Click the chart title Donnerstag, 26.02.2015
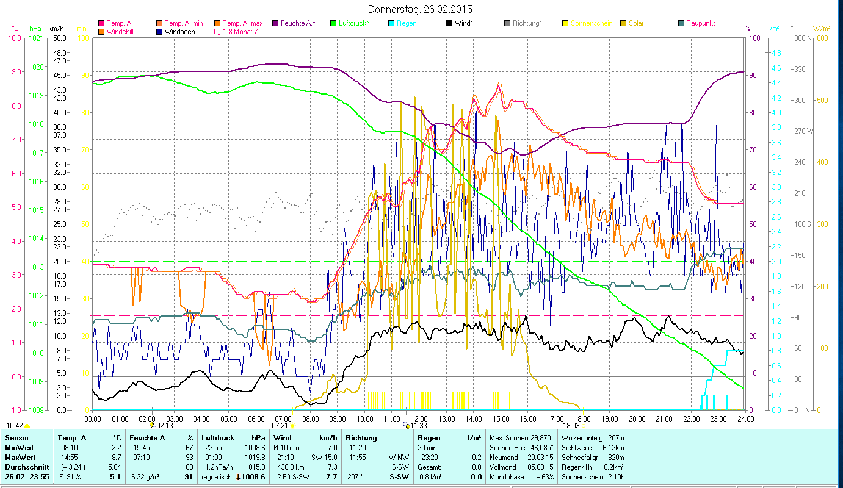pyautogui.click(x=421, y=10)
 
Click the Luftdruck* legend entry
pyautogui.click(x=354, y=23)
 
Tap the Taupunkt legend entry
pyautogui.click(x=700, y=23)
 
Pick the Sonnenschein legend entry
pyautogui.click(x=592, y=23)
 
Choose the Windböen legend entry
pyautogui.click(x=180, y=31)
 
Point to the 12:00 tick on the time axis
pyautogui.click(x=418, y=418)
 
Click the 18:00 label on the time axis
pyautogui.click(x=582, y=418)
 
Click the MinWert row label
pyautogui.click(x=20, y=448)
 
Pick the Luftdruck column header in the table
pyautogui.click(x=217, y=438)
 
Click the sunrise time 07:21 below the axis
pyautogui.click(x=280, y=426)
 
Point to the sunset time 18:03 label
pyautogui.click(x=571, y=426)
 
